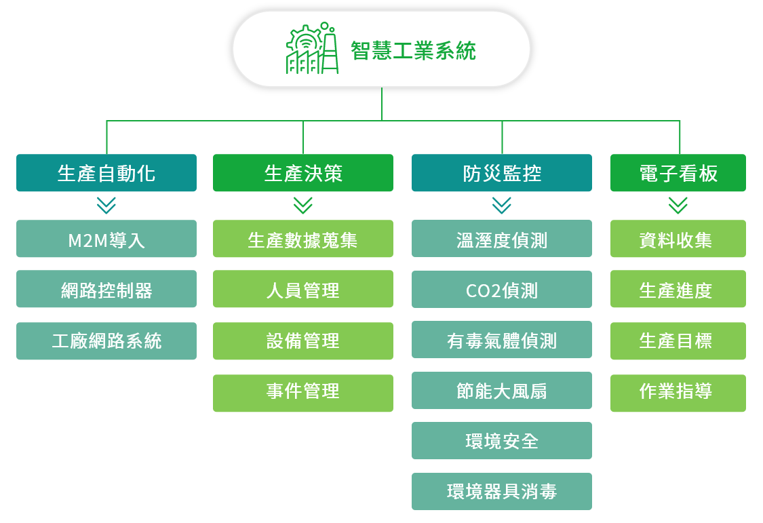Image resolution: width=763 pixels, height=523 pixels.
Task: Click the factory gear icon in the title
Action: click(312, 48)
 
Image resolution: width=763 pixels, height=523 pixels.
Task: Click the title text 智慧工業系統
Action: click(413, 51)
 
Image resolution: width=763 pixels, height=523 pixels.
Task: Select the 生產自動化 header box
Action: click(106, 173)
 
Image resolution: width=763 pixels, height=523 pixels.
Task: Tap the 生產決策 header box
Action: click(303, 173)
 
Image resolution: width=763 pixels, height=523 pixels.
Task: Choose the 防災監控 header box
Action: click(502, 173)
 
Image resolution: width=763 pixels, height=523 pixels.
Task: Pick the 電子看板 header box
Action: click(678, 173)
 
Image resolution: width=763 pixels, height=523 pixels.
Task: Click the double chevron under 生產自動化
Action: click(106, 206)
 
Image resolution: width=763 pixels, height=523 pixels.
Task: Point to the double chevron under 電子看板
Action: click(678, 206)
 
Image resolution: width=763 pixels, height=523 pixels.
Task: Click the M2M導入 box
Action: click(106, 238)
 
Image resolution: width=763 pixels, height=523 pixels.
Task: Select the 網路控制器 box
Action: click(106, 288)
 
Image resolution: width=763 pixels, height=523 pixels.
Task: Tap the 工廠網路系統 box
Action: click(106, 341)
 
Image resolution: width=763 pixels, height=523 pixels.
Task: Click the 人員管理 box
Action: click(303, 288)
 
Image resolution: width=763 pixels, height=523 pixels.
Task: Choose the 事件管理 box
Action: click(303, 393)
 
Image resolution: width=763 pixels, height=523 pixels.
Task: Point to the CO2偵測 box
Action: click(502, 289)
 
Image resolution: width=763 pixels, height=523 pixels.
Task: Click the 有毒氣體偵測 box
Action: click(502, 340)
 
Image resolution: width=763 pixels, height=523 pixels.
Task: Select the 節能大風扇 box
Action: click(502, 390)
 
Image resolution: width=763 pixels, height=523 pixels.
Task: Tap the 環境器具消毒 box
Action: click(502, 491)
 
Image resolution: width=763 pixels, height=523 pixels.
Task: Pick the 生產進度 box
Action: click(678, 288)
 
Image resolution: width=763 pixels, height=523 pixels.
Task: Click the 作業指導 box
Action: click(678, 393)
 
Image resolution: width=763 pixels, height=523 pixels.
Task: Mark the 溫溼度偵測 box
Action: click(502, 238)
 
